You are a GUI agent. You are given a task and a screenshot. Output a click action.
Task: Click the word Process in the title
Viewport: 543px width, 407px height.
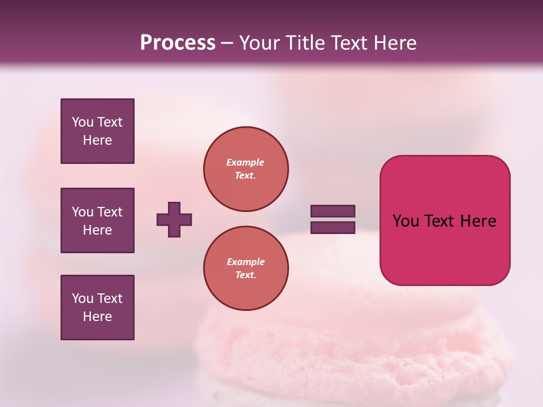pos(178,43)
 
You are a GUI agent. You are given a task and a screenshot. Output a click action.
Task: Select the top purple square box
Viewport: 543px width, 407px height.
pos(97,131)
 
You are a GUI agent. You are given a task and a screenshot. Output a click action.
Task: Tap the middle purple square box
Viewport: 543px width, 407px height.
pos(97,220)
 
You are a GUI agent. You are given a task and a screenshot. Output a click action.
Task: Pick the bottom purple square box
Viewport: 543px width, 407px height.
pos(97,308)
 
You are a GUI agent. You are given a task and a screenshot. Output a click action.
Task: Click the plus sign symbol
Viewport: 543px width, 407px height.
pos(174,219)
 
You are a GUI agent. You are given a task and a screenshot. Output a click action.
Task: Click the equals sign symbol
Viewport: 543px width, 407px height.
pos(333,219)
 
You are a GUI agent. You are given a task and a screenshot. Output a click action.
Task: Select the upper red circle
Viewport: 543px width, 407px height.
pos(246,169)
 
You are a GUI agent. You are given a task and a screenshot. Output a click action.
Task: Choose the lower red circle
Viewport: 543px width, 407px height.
pos(246,269)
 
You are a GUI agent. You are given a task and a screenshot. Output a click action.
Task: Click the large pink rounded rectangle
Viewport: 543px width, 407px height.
pos(445,220)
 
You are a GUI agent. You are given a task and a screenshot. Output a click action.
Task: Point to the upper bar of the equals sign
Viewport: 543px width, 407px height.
pos(333,211)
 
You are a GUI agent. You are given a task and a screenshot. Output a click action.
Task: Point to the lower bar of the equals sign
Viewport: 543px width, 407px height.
pos(333,228)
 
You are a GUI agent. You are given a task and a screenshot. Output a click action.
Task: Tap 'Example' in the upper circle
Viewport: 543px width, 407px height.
pos(245,162)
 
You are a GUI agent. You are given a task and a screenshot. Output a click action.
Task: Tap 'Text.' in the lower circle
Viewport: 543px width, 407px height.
pos(245,275)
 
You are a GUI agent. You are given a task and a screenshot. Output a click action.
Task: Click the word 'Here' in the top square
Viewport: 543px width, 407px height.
pos(97,140)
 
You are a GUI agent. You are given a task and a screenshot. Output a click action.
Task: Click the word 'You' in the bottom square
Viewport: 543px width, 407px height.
pos(82,298)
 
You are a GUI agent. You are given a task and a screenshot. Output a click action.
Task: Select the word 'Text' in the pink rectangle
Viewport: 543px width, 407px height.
pos(441,221)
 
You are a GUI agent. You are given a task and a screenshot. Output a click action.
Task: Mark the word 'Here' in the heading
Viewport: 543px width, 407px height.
pos(397,43)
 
